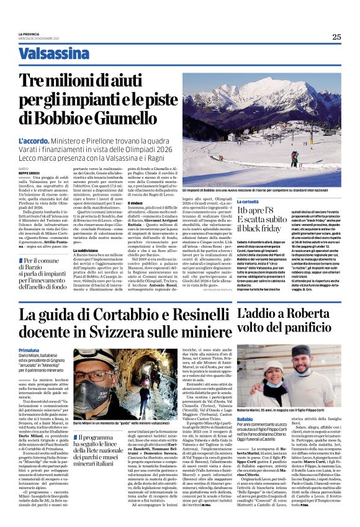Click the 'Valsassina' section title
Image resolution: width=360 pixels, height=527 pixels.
coord(54,53)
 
